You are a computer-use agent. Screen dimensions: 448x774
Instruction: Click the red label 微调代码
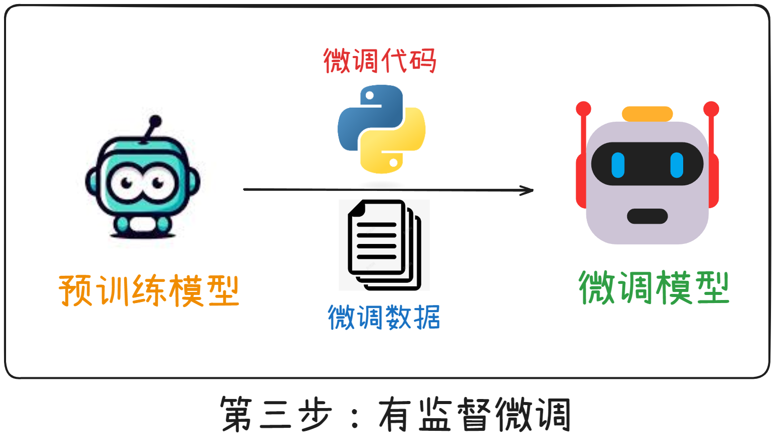379,61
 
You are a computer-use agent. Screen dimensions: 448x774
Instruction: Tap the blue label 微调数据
384,317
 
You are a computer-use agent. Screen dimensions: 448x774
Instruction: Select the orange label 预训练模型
149,290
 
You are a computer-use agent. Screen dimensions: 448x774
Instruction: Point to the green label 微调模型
654,288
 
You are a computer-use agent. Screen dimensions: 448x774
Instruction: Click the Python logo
381,129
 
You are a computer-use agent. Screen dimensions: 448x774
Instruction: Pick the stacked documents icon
384,244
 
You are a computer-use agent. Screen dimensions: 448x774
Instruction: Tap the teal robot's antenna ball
155,121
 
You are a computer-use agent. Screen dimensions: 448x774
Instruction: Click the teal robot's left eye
124,183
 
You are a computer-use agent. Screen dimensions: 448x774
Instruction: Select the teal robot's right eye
157,183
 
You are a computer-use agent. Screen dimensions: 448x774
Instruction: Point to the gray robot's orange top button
647,114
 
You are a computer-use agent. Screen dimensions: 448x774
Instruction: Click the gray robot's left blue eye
618,165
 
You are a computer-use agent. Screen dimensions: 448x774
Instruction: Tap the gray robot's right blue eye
677,165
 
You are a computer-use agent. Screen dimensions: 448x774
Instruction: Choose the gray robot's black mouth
647,216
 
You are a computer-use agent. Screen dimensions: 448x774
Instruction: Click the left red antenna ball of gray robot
583,109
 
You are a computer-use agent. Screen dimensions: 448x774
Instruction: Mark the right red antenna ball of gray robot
711,109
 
